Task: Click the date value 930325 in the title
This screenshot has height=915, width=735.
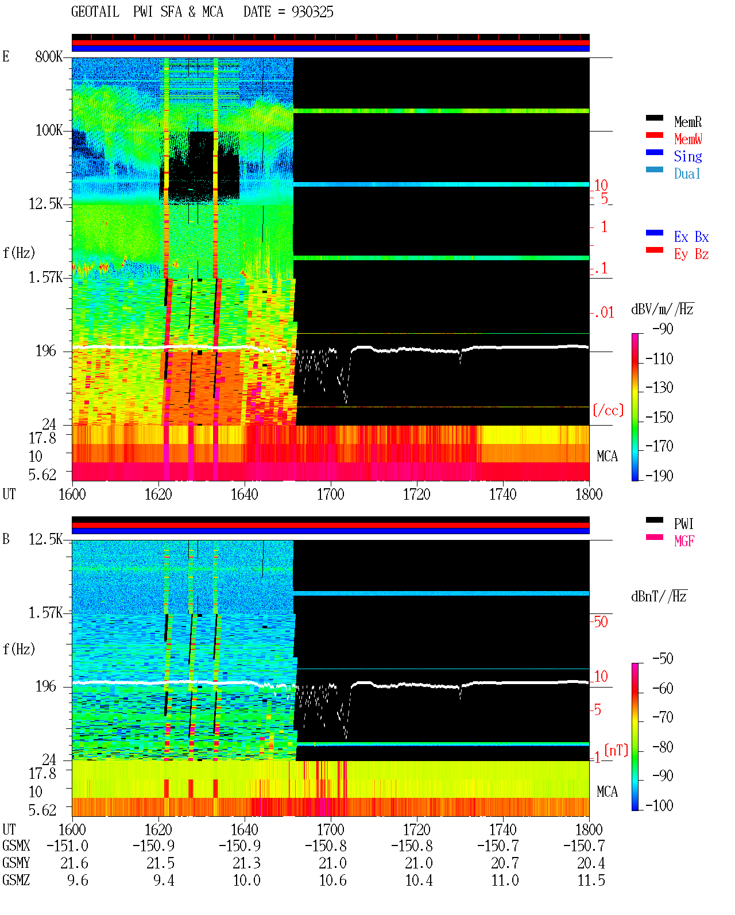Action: click(x=312, y=12)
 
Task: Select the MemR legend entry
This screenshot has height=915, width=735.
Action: click(x=687, y=122)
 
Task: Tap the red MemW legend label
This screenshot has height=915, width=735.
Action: click(x=688, y=139)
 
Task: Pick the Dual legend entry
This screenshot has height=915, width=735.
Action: click(x=687, y=173)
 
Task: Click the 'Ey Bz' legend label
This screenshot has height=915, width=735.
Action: click(x=691, y=254)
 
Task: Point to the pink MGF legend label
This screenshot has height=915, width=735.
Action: click(x=684, y=541)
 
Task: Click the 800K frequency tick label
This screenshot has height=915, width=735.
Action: click(x=49, y=56)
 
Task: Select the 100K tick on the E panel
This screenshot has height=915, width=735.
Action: click(x=49, y=130)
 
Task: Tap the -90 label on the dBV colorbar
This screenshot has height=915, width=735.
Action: click(x=662, y=329)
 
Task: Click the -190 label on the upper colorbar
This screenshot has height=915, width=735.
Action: click(x=659, y=476)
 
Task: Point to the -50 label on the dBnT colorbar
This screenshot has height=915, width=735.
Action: click(x=662, y=659)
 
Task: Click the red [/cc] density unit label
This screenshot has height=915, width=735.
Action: click(x=608, y=410)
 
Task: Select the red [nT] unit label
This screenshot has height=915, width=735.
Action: click(x=616, y=750)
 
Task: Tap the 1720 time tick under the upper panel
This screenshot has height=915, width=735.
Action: click(x=417, y=494)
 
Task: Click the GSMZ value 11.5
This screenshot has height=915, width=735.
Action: click(x=591, y=880)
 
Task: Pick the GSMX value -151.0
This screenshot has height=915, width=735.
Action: click(x=67, y=845)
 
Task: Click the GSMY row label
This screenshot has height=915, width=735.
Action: click(x=16, y=863)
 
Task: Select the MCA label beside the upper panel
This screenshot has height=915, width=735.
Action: click(x=607, y=456)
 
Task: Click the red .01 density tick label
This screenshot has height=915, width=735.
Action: click(x=602, y=313)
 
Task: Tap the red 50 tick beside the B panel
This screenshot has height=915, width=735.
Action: click(x=601, y=621)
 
